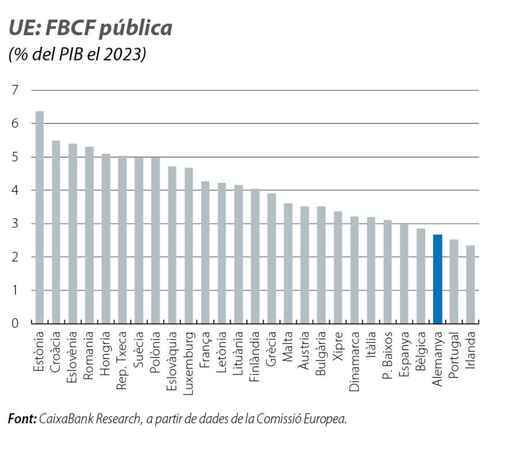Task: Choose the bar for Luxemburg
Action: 189,245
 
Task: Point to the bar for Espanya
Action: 404,274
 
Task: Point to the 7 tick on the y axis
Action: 15,90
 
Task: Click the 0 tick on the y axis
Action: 15,323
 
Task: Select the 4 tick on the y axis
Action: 15,190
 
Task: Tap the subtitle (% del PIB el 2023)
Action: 77,55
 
